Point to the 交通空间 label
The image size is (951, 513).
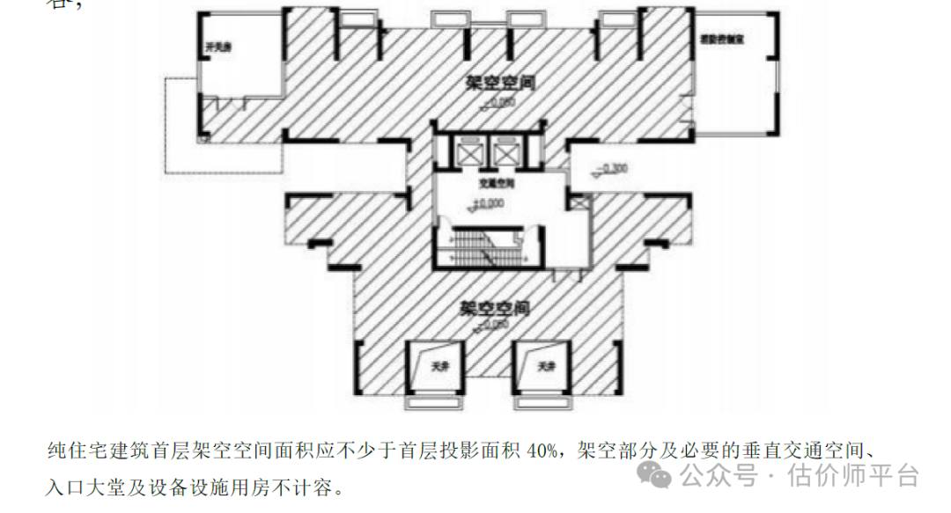(496, 185)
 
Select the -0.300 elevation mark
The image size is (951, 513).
(609, 168)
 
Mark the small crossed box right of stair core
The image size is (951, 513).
(578, 202)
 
